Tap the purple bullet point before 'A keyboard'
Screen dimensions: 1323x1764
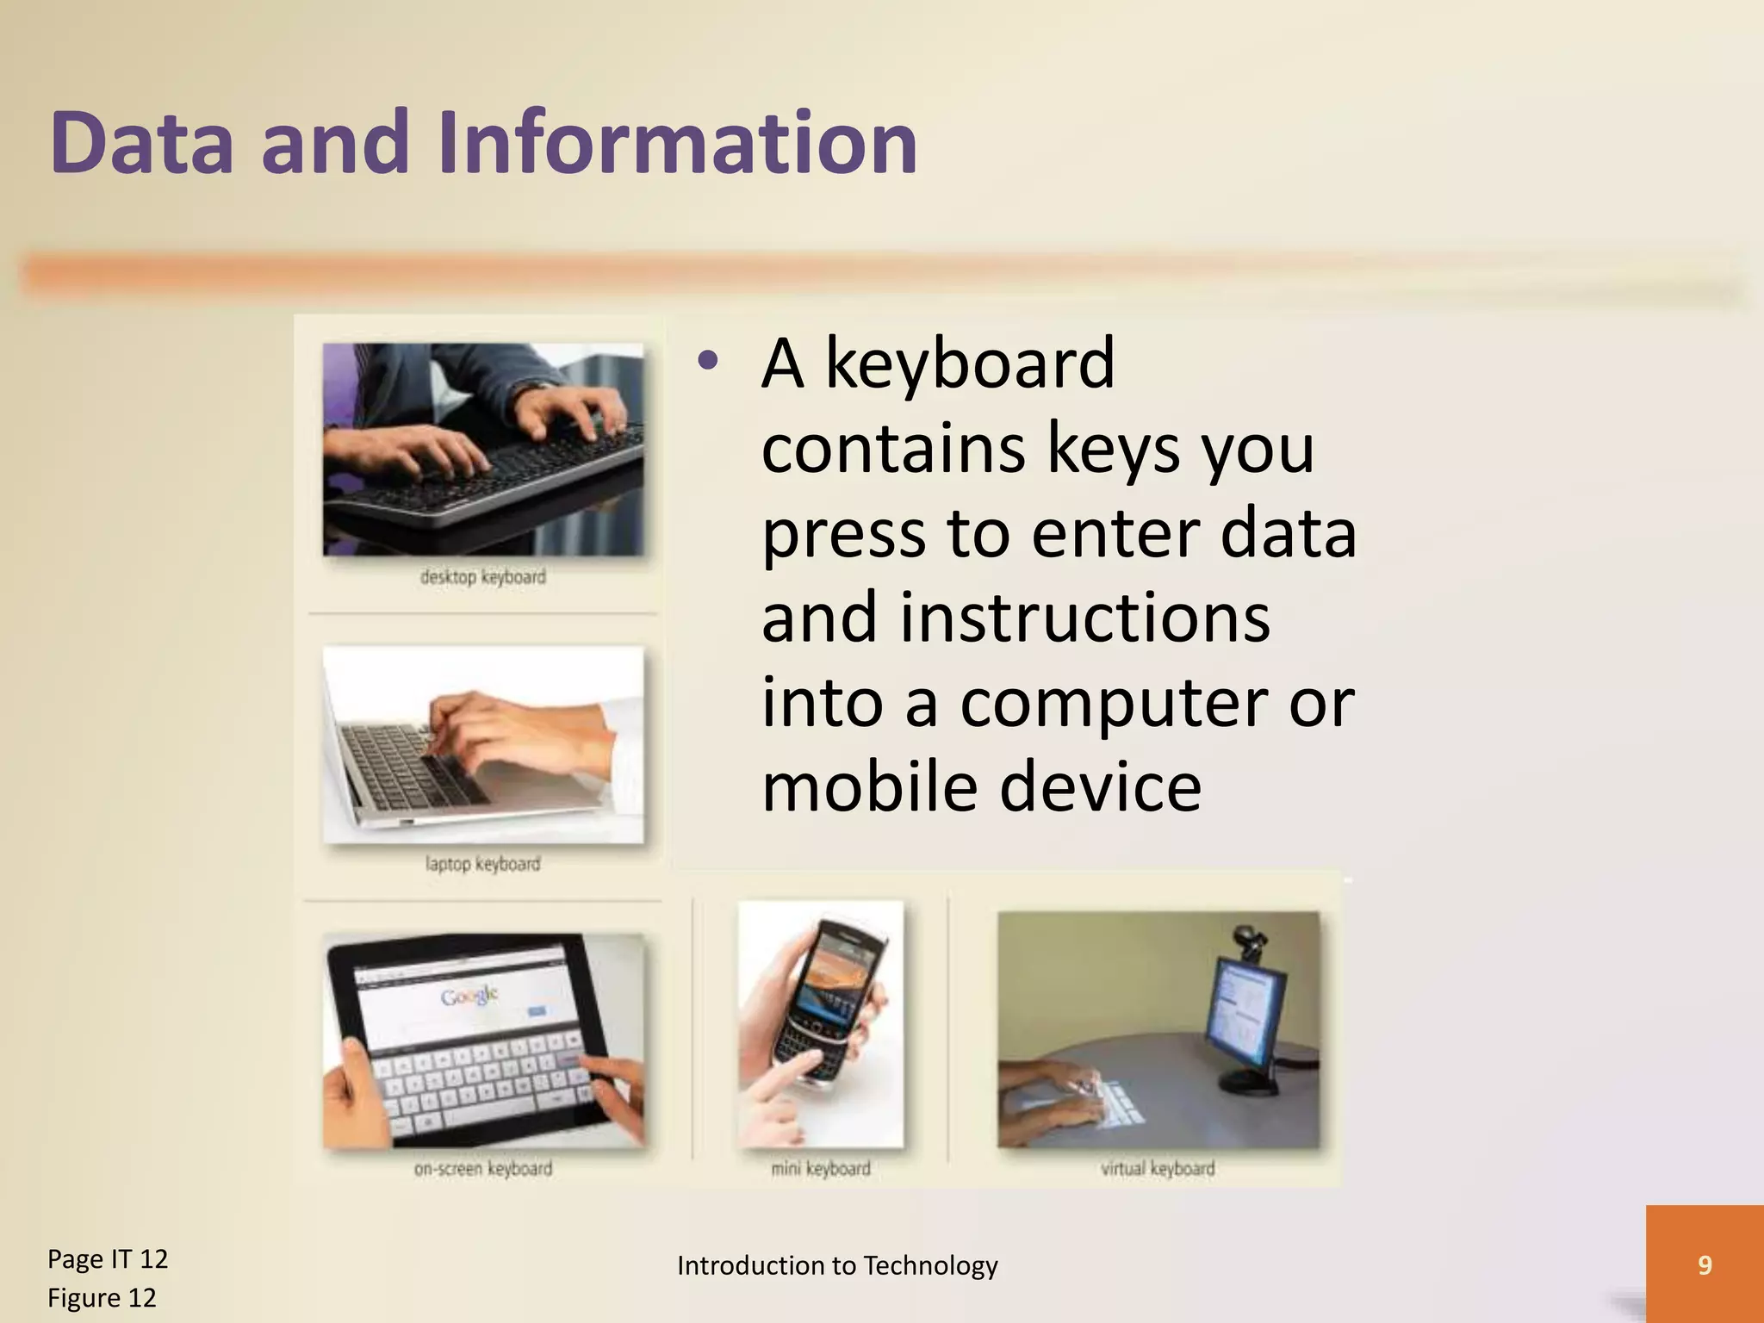[x=708, y=363]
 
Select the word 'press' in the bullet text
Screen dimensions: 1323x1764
[x=844, y=534]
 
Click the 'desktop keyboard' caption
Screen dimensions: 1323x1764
[x=482, y=577]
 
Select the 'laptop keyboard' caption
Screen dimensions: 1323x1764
[x=482, y=864]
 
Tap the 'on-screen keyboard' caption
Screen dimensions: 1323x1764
[x=482, y=1169]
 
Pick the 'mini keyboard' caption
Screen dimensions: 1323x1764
[x=820, y=1169]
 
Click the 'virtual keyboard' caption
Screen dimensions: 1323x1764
[x=1157, y=1169]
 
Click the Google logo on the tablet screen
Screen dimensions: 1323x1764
[x=469, y=997]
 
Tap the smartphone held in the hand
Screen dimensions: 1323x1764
[x=827, y=999]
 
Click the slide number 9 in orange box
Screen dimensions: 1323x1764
[x=1704, y=1264]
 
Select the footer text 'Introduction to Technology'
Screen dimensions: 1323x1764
[x=837, y=1265]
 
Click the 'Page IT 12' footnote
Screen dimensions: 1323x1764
[x=108, y=1258]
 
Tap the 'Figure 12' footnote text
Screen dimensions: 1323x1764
[x=102, y=1297]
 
